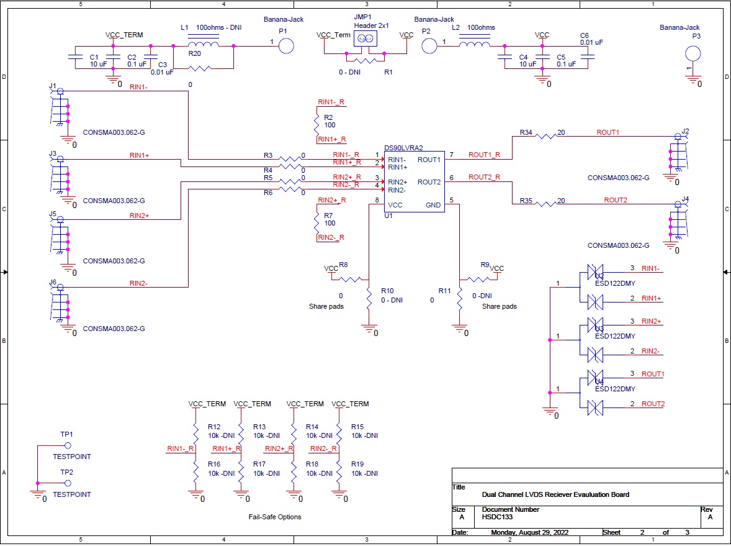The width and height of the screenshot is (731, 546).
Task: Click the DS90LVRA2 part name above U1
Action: (x=403, y=148)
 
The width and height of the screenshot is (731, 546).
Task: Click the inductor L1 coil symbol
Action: (x=203, y=45)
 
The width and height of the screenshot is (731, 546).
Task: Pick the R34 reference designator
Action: (x=526, y=132)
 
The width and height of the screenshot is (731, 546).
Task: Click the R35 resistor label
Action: (x=526, y=201)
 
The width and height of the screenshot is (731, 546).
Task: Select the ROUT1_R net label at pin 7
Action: (x=484, y=155)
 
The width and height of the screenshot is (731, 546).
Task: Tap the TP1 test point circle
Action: (x=68, y=445)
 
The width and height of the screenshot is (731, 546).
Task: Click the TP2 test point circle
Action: (x=68, y=483)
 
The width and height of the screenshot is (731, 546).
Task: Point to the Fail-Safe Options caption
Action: (x=275, y=517)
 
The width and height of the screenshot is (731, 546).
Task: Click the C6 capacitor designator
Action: (x=584, y=35)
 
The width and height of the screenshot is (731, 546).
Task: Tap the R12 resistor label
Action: (x=214, y=427)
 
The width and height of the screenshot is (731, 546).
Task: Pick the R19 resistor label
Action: (x=357, y=464)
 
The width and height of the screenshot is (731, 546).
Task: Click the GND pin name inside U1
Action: (x=433, y=205)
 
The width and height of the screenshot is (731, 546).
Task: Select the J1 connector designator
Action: (x=53, y=86)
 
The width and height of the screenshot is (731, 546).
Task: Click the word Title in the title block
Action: (x=459, y=488)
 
